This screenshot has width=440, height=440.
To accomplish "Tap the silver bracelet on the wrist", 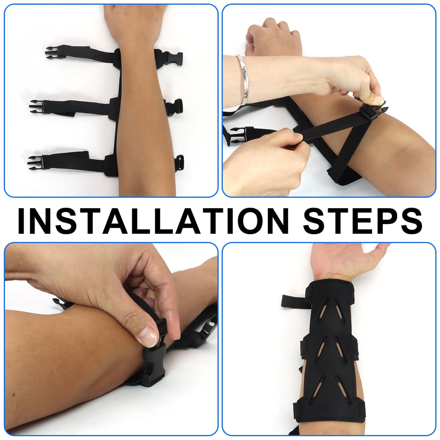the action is [242, 79].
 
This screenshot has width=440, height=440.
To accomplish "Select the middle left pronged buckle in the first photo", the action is [37, 107].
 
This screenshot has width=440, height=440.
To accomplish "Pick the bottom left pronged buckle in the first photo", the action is [36, 163].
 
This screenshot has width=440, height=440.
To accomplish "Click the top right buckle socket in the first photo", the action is [174, 59].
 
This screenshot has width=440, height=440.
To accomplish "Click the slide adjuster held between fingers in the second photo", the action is [371, 111].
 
